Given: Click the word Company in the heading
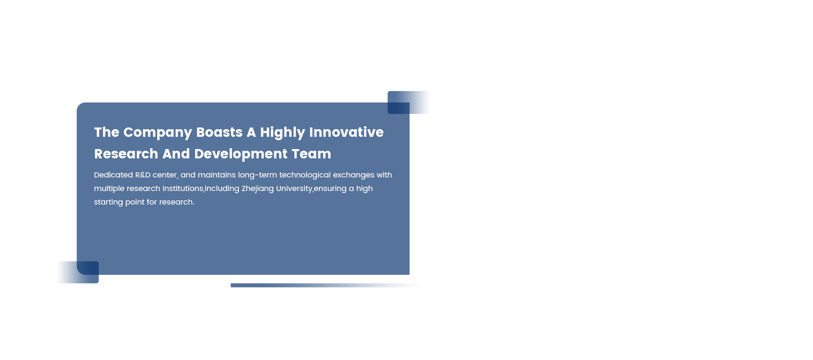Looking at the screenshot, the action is (x=158, y=133).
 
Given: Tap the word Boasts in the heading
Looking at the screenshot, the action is (x=219, y=132).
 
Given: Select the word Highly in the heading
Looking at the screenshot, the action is (x=282, y=133).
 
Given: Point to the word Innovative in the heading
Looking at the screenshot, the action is (x=346, y=132).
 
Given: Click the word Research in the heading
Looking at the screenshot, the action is (x=126, y=154).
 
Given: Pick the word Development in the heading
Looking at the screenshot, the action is (x=241, y=154).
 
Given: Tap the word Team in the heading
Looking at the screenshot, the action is (x=311, y=154).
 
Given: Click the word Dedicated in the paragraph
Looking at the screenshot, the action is (x=113, y=175).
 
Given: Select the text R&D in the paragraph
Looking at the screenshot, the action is (x=143, y=175).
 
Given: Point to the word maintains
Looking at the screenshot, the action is (x=217, y=175).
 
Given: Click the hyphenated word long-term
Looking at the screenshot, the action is (x=257, y=175).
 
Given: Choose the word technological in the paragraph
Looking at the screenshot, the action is (x=305, y=175).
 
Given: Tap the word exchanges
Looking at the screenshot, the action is (x=354, y=175).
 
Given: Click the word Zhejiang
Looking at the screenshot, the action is (x=257, y=189).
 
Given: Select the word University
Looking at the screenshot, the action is (x=294, y=189).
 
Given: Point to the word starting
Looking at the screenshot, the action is (x=108, y=202).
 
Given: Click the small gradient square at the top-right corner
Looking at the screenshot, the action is (x=409, y=102).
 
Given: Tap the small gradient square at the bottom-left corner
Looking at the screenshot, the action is (x=77, y=272).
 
